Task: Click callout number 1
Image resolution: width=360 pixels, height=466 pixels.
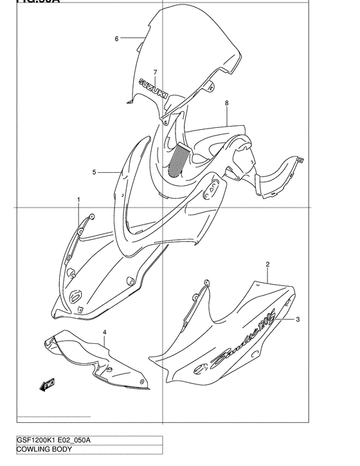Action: [79, 200]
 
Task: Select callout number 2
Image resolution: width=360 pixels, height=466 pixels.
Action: [267, 264]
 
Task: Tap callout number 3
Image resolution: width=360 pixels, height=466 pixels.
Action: [297, 318]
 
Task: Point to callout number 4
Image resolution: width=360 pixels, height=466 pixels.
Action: [105, 332]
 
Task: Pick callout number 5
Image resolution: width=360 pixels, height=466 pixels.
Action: [94, 172]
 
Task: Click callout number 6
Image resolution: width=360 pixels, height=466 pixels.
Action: [116, 39]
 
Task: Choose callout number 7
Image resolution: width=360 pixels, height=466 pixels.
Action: [155, 71]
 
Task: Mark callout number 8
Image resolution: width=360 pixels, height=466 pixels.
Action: [227, 103]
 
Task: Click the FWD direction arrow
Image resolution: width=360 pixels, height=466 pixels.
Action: [48, 385]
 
